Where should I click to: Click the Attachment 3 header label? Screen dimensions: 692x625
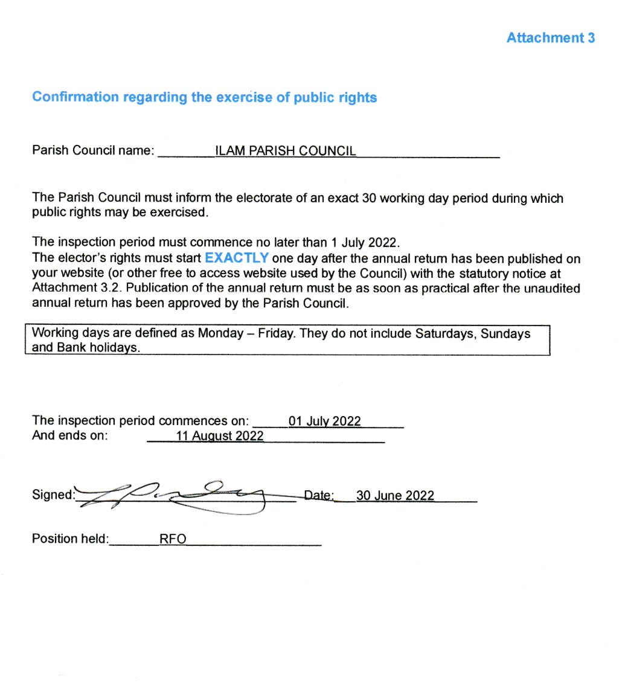(550, 38)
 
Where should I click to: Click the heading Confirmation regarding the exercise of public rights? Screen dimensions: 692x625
(204, 97)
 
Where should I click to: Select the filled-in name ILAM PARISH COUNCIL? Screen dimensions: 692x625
(285, 151)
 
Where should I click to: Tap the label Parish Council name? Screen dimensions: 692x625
(93, 151)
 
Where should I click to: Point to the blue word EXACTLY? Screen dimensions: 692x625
(237, 258)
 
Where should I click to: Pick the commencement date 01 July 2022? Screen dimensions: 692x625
(324, 421)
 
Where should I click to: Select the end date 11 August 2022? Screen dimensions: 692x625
(220, 436)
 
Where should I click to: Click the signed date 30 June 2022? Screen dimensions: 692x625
(395, 495)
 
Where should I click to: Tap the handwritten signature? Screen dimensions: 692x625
(181, 496)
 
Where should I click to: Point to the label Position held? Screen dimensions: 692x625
(70, 539)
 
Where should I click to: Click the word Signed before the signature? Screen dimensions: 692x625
(53, 495)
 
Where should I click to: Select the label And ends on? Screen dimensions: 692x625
(69, 436)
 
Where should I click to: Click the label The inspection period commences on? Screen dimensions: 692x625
(140, 421)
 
